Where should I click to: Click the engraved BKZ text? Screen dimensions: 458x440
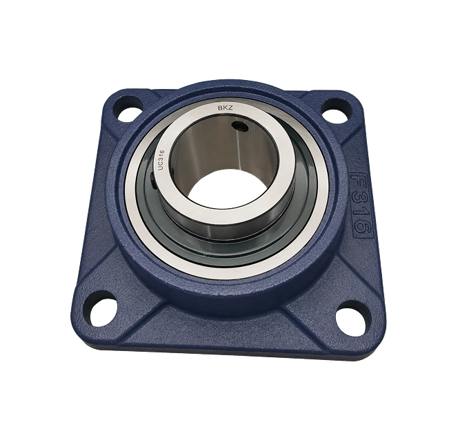(225, 108)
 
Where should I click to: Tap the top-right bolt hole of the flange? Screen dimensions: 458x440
(335, 113)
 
